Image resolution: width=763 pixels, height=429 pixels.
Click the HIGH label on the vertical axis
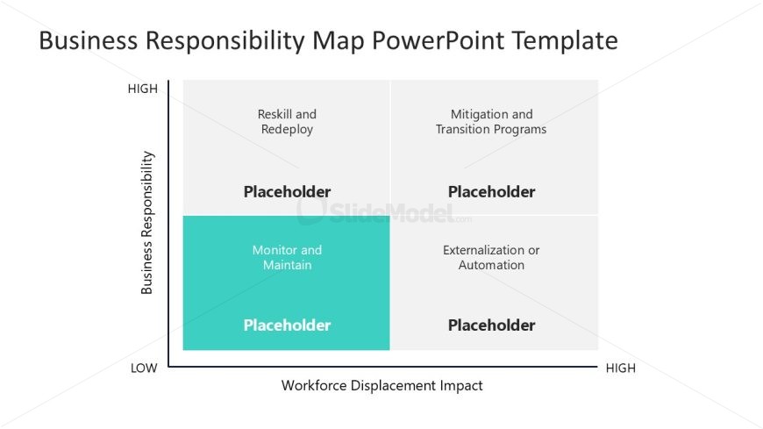(x=142, y=89)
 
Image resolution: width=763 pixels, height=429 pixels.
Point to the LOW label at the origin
(x=144, y=368)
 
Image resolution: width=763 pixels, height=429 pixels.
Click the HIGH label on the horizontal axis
(x=621, y=368)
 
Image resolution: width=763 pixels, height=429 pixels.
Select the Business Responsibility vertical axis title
(x=147, y=223)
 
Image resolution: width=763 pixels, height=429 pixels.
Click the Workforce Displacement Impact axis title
(x=381, y=385)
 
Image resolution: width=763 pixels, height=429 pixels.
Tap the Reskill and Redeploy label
(x=287, y=122)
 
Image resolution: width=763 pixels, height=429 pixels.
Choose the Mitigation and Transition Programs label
(x=491, y=122)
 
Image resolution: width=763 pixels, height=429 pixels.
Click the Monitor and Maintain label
(x=287, y=257)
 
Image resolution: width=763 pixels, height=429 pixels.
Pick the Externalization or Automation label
(x=491, y=257)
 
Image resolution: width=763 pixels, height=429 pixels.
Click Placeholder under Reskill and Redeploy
(x=287, y=191)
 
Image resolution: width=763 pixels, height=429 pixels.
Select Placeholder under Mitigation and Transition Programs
(x=491, y=191)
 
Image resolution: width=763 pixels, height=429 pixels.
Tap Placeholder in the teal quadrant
(x=287, y=325)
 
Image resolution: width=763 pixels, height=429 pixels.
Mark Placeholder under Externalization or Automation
(x=491, y=325)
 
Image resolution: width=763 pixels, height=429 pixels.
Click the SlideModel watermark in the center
(x=383, y=211)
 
